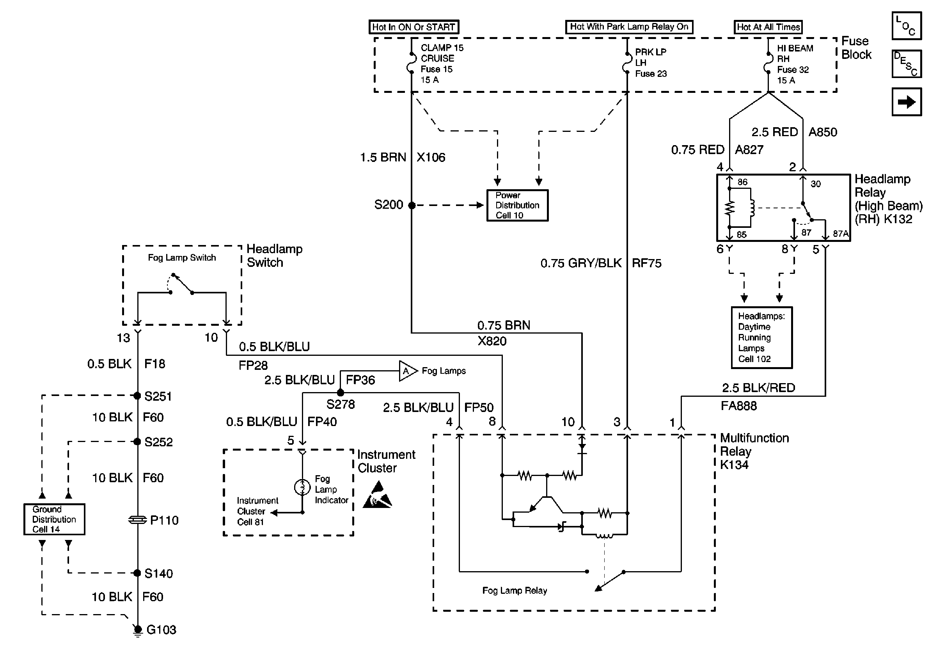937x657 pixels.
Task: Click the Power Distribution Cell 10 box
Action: [x=517, y=205]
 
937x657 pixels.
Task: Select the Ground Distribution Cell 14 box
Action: [x=54, y=519]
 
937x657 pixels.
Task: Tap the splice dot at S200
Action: [x=412, y=205]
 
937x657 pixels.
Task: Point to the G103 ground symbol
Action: [x=138, y=630]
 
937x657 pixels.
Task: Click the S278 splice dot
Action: [x=341, y=392]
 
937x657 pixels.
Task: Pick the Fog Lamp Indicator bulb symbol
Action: [x=302, y=487]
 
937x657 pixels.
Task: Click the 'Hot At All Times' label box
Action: [x=768, y=27]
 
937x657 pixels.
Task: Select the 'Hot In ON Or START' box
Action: [x=413, y=27]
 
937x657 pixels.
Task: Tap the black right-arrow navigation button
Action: [x=907, y=101]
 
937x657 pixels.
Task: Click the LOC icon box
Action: [x=907, y=26]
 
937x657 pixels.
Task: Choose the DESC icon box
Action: [x=907, y=64]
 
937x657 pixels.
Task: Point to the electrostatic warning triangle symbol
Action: [x=378, y=495]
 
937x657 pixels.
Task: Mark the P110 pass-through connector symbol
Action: [x=138, y=520]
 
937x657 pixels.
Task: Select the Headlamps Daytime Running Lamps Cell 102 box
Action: [x=761, y=337]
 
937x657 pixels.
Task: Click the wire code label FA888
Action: [x=738, y=406]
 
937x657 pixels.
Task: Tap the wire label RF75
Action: [x=646, y=263]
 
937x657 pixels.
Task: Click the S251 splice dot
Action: [x=138, y=396]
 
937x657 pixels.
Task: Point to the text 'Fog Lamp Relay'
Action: [x=514, y=591]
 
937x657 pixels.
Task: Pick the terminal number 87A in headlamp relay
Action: [x=840, y=233]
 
